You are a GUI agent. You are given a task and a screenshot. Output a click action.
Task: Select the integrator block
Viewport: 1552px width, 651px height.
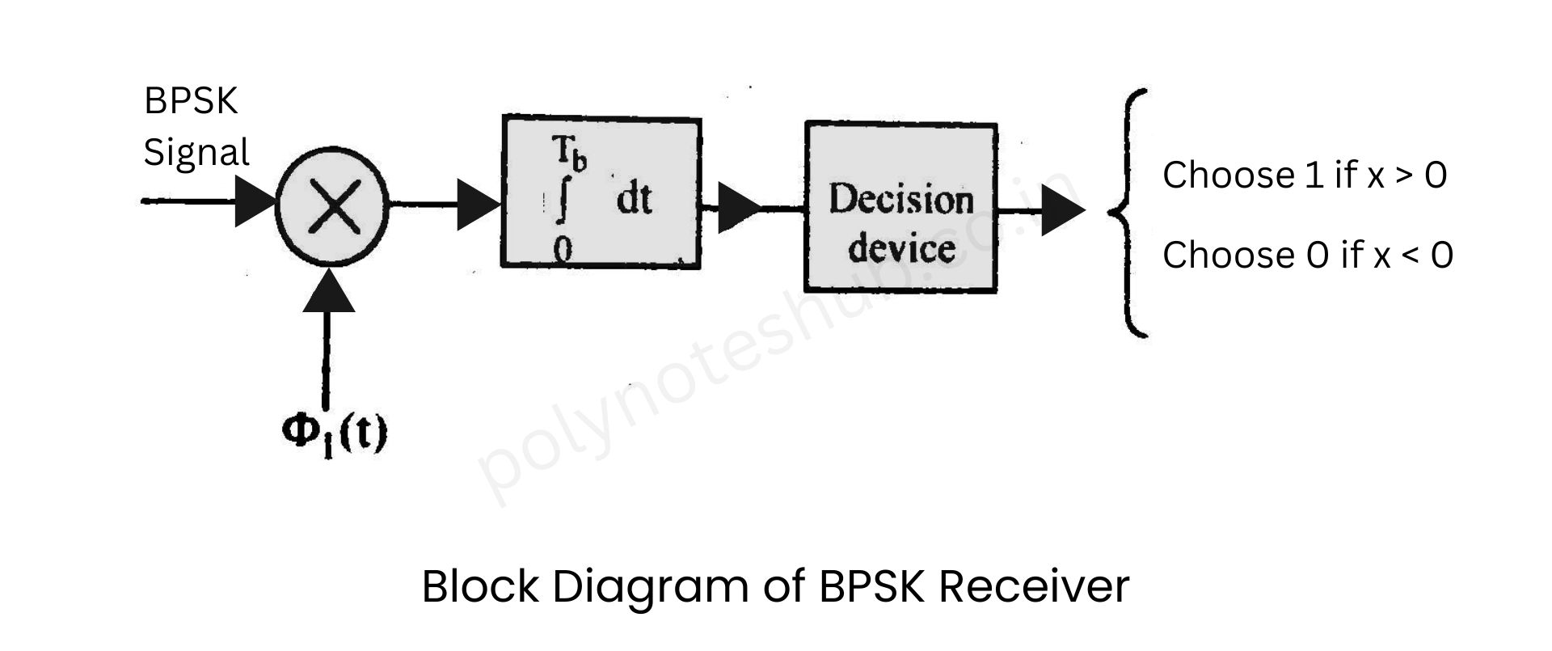click(x=601, y=192)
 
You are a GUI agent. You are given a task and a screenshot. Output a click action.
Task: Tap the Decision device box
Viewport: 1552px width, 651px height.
click(x=900, y=206)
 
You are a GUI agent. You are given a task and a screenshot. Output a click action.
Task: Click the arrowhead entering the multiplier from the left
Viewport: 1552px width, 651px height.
click(x=255, y=201)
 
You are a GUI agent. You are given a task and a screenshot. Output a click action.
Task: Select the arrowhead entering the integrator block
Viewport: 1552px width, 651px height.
click(x=478, y=205)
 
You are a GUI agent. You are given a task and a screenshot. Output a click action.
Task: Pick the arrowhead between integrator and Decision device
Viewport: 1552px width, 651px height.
click(x=737, y=208)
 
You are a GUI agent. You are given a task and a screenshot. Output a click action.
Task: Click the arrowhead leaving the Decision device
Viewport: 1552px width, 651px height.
click(x=1061, y=210)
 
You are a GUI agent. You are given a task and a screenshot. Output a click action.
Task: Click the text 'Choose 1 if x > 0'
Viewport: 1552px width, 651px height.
click(x=1304, y=175)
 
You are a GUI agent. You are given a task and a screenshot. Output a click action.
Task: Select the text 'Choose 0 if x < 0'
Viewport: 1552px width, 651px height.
click(x=1307, y=255)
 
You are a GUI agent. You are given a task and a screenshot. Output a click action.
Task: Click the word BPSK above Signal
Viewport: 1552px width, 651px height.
click(x=191, y=102)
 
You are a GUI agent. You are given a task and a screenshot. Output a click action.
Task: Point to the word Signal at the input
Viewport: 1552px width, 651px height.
click(x=196, y=152)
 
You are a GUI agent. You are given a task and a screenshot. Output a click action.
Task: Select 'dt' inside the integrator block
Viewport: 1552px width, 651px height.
click(x=633, y=199)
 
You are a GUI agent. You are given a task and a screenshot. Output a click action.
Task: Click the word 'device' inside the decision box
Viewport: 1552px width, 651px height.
click(x=901, y=247)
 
